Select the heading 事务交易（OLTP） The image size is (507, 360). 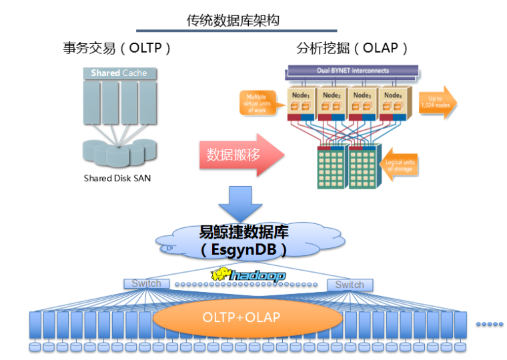click(x=117, y=48)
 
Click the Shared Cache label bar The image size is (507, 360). click(x=119, y=73)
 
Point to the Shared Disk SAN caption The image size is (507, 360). click(x=117, y=178)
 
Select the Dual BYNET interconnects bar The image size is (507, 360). click(x=352, y=71)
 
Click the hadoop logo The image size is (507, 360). click(x=247, y=275)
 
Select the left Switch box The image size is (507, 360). click(x=146, y=284)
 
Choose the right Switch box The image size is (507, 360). click(x=350, y=285)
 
